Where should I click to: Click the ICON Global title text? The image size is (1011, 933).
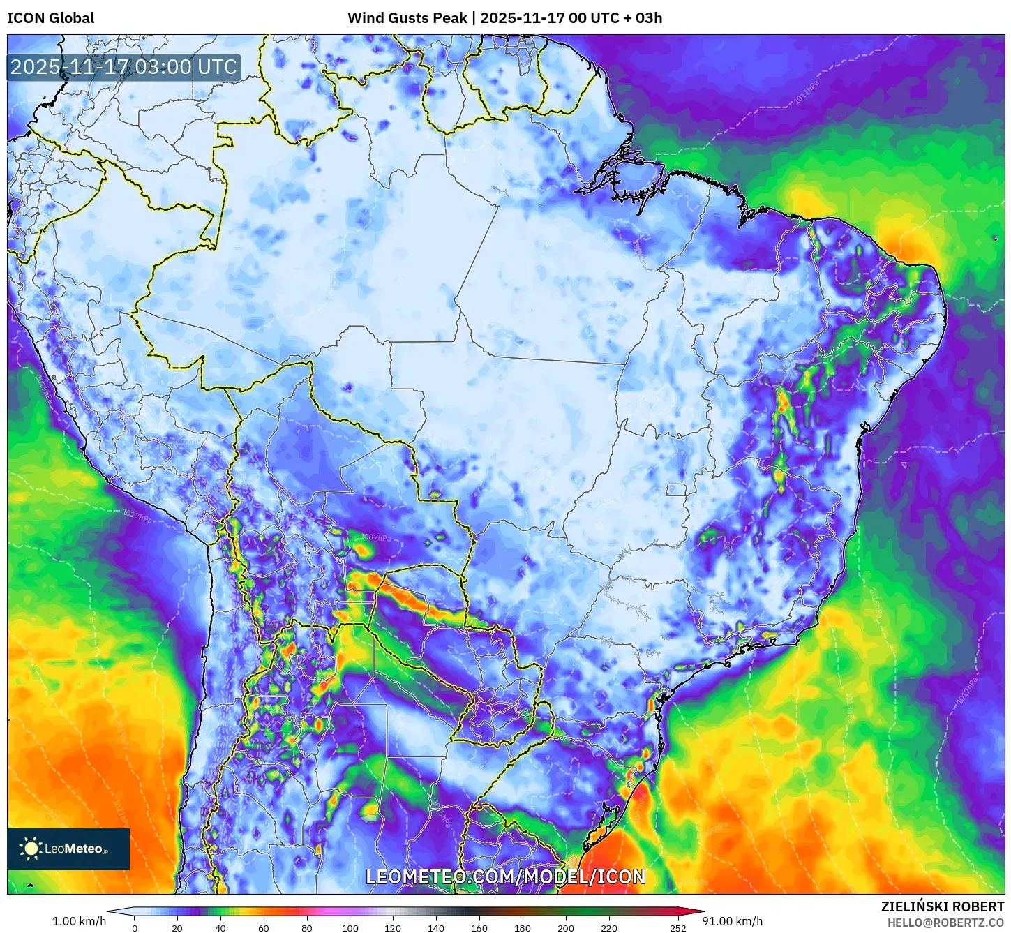tap(50, 18)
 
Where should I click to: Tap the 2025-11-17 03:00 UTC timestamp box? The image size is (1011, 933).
tap(123, 67)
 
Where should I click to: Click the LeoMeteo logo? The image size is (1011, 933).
tap(68, 849)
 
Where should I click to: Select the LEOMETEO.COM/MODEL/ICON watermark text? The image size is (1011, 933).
tap(506, 877)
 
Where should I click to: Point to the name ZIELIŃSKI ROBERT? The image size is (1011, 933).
tap(942, 906)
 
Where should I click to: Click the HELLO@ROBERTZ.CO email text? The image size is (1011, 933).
tap(945, 923)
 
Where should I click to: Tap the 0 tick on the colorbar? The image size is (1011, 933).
tap(135, 927)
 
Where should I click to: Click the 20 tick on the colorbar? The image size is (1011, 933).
tap(177, 927)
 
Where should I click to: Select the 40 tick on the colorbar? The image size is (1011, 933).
tap(220, 927)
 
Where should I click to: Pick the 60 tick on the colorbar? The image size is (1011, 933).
tap(264, 927)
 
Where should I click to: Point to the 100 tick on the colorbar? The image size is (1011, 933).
tap(350, 927)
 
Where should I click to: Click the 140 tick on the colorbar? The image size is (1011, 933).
tap(436, 927)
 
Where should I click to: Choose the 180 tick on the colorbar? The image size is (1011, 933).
tap(523, 927)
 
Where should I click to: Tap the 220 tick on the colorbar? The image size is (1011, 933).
tap(609, 927)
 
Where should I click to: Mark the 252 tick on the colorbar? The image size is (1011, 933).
tap(678, 927)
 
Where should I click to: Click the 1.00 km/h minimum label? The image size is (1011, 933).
tap(80, 921)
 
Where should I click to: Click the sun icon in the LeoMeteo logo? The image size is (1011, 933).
tap(31, 849)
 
